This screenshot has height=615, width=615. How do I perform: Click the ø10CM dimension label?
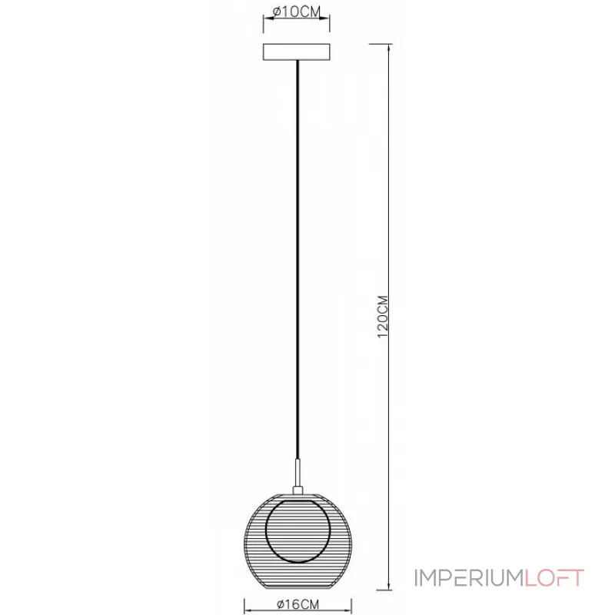[x=297, y=12]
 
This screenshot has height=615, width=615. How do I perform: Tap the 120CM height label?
[x=382, y=317]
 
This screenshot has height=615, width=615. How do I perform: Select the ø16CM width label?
[x=298, y=604]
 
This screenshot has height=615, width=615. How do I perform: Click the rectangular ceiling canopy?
[x=297, y=52]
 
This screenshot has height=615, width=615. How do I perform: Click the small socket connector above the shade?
[x=298, y=490]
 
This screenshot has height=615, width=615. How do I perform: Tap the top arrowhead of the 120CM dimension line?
[x=389, y=48]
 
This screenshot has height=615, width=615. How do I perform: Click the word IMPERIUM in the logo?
[x=469, y=578]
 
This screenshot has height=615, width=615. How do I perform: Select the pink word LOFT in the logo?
[x=554, y=578]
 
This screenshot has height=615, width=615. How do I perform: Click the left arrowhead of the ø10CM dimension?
[x=268, y=18]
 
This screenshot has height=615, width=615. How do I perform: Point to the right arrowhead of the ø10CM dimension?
[x=324, y=18]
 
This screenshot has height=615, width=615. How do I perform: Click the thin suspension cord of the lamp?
[x=298, y=260]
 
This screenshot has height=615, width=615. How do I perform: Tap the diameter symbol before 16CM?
[x=280, y=605]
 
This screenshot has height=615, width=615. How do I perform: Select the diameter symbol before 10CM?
[x=277, y=12]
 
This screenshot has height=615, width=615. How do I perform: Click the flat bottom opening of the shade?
[x=298, y=589]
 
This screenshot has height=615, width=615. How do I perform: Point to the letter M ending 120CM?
[x=382, y=301]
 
